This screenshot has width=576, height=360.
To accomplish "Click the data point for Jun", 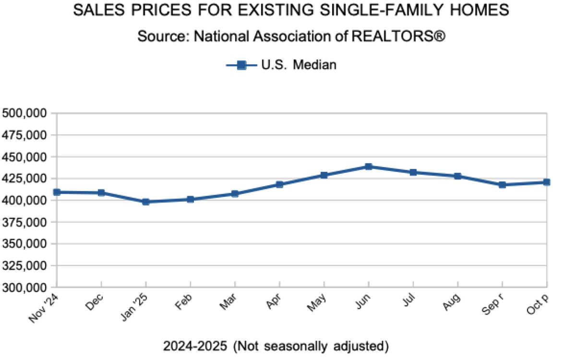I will click(x=369, y=167).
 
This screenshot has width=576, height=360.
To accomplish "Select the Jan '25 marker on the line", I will click(x=146, y=202).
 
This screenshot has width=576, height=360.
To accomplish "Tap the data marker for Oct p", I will click(x=547, y=182).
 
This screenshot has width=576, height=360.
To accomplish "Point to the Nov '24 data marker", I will click(x=57, y=192).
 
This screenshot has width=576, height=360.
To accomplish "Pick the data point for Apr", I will click(x=279, y=184).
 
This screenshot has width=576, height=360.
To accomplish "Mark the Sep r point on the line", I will click(x=502, y=185).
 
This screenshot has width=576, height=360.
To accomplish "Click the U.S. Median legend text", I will click(x=299, y=65).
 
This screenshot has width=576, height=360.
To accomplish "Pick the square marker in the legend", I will click(x=241, y=65).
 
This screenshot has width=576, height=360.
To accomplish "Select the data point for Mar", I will click(x=235, y=194).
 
